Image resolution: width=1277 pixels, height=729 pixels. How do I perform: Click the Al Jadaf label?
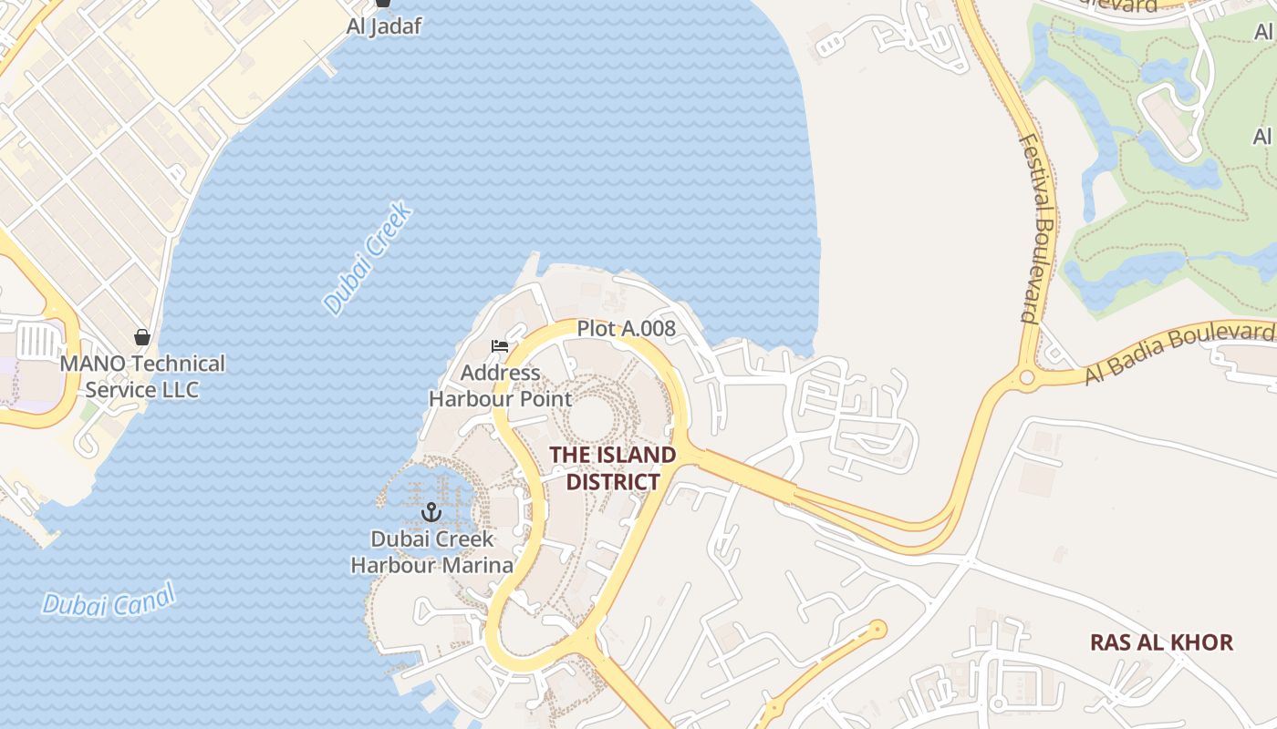pyautogui.click(x=384, y=26)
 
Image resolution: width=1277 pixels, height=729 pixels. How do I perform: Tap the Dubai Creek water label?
pyautogui.click(x=369, y=260)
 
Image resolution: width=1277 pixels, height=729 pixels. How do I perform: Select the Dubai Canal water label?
pyautogui.click(x=109, y=601)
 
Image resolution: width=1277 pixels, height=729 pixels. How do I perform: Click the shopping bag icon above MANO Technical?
pyautogui.click(x=141, y=337)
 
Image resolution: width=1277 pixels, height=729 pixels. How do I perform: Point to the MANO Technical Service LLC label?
pyautogui.click(x=141, y=376)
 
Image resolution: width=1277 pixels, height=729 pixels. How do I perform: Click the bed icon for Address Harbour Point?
pyautogui.click(x=499, y=346)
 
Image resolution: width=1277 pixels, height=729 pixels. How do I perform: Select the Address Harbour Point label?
pyautogui.click(x=500, y=385)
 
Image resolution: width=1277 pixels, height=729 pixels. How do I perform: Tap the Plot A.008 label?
pyautogui.click(x=626, y=329)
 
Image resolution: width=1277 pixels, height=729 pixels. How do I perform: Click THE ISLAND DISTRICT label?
pyautogui.click(x=612, y=467)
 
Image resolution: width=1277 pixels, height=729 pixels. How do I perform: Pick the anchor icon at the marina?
pyautogui.click(x=431, y=512)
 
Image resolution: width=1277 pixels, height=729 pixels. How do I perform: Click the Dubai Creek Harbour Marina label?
pyautogui.click(x=432, y=552)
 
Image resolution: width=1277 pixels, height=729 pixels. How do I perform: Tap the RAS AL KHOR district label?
pyautogui.click(x=1161, y=642)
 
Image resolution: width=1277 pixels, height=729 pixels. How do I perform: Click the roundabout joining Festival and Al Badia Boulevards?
pyautogui.click(x=1028, y=377)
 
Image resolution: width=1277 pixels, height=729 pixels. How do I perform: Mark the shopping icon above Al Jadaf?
pyautogui.click(x=384, y=4)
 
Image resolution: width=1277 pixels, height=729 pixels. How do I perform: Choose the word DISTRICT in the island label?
pyautogui.click(x=612, y=481)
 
